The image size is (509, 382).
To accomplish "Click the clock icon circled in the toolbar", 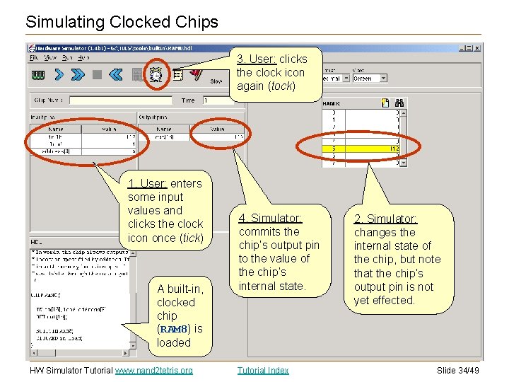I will click(x=156, y=73).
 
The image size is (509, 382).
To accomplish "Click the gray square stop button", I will click(x=97, y=74).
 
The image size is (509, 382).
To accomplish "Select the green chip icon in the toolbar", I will click(x=38, y=74).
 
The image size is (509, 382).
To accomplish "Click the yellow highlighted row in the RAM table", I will click(x=361, y=149).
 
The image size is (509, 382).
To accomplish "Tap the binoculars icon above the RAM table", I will click(x=399, y=103).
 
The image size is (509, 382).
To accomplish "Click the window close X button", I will click(x=478, y=48).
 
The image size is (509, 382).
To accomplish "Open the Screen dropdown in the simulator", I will click(x=370, y=79).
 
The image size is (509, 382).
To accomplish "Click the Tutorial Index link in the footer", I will click(x=263, y=370).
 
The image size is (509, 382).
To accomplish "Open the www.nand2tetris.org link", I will click(x=154, y=370).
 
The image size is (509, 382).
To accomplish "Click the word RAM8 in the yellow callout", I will click(x=172, y=329).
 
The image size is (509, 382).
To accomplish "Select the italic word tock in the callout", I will click(x=283, y=86).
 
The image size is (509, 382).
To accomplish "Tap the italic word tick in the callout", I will click(x=191, y=238).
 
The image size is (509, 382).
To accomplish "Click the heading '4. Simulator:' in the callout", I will click(x=270, y=218).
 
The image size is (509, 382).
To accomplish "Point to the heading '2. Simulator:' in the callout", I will click(x=385, y=219).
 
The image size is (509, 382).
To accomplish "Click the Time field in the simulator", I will click(x=216, y=100).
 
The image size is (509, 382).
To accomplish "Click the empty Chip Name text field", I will click(x=120, y=100).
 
